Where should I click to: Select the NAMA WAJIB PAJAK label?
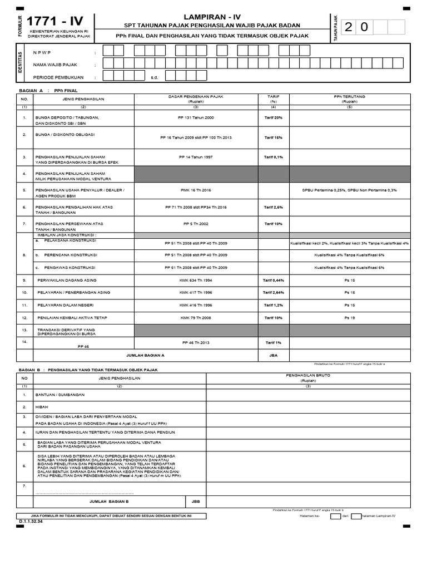56,65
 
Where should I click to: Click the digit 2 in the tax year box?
349,28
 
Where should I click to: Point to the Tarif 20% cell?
273,118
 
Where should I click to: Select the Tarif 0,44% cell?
273,280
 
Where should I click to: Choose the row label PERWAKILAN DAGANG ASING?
67,280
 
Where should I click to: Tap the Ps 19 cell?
349,317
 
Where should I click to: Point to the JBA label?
273,355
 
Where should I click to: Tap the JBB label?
195,501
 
